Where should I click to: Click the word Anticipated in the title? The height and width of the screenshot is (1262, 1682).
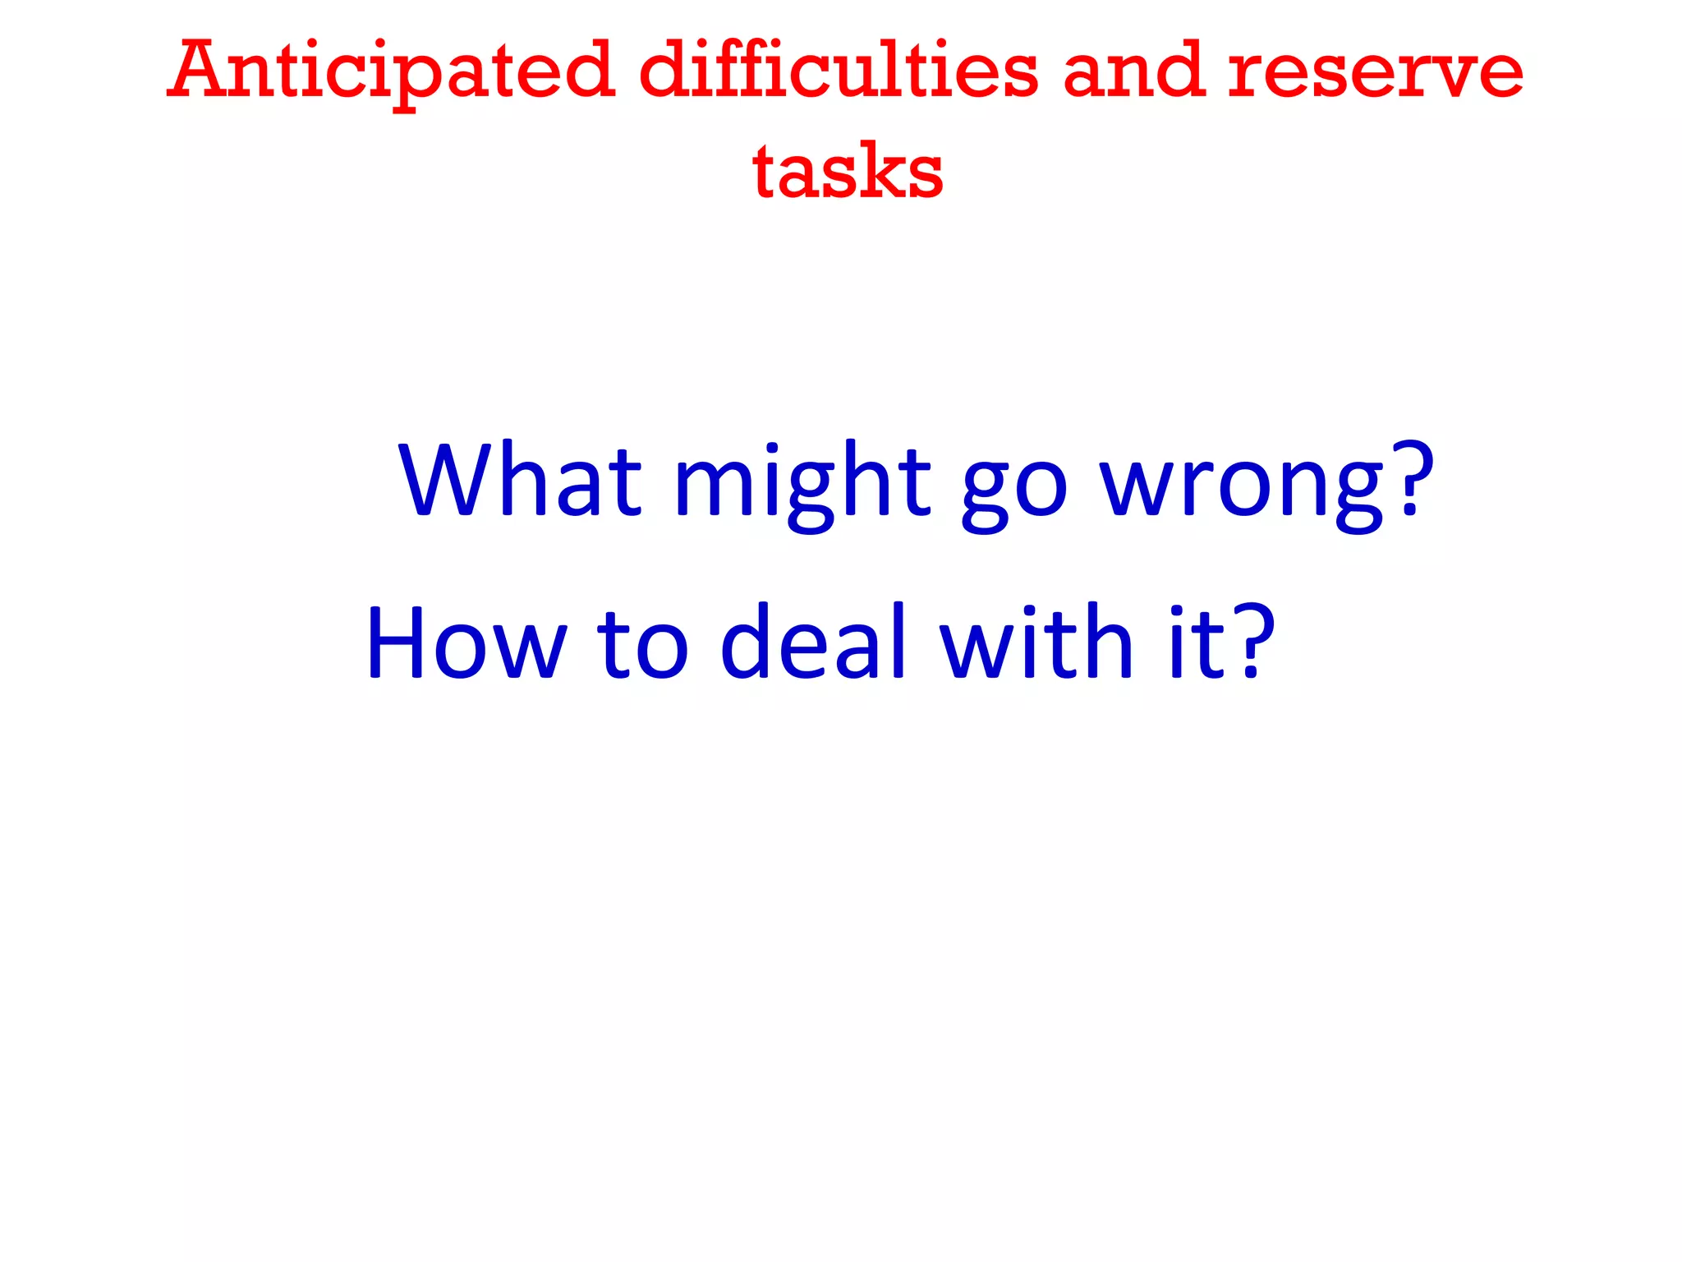point(392,72)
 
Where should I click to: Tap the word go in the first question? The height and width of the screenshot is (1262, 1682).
point(1015,489)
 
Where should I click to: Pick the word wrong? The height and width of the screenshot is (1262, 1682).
point(1243,489)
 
